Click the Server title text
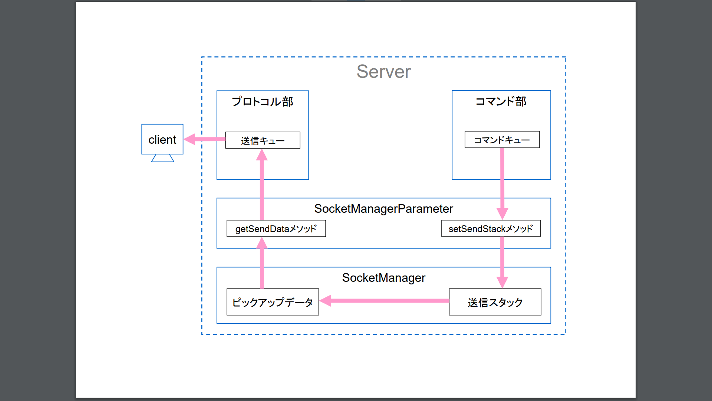[x=383, y=71]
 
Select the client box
[x=162, y=139]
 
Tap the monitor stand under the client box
[x=162, y=159]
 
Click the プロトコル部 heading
[x=262, y=101]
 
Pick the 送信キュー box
[x=263, y=140]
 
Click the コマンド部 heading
[x=501, y=101]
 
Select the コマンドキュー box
[x=502, y=140]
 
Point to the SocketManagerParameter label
[x=383, y=209]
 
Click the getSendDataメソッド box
[x=276, y=229]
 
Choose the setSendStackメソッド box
[x=491, y=229]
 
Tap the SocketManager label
[x=383, y=278]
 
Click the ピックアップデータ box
[x=273, y=302]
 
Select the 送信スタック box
[x=495, y=302]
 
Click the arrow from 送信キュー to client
[x=208, y=139]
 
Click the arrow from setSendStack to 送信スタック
[x=502, y=260]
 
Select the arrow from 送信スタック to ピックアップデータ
[x=386, y=300]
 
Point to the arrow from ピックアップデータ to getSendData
[x=262, y=265]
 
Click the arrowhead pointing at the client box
[x=189, y=139]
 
